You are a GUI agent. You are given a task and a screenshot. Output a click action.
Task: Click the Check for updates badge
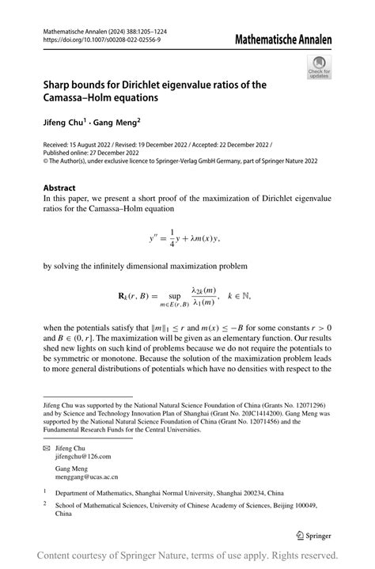tap(319, 66)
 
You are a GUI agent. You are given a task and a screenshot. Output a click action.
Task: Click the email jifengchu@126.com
tap(82, 457)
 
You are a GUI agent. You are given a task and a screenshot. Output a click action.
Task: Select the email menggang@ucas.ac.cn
tap(85, 477)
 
